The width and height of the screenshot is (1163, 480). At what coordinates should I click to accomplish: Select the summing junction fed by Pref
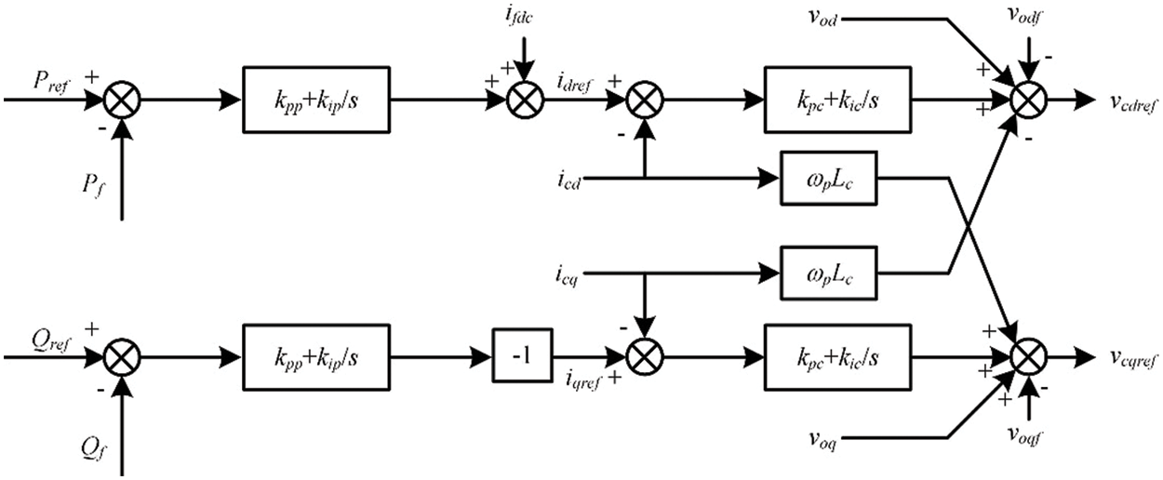click(123, 99)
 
